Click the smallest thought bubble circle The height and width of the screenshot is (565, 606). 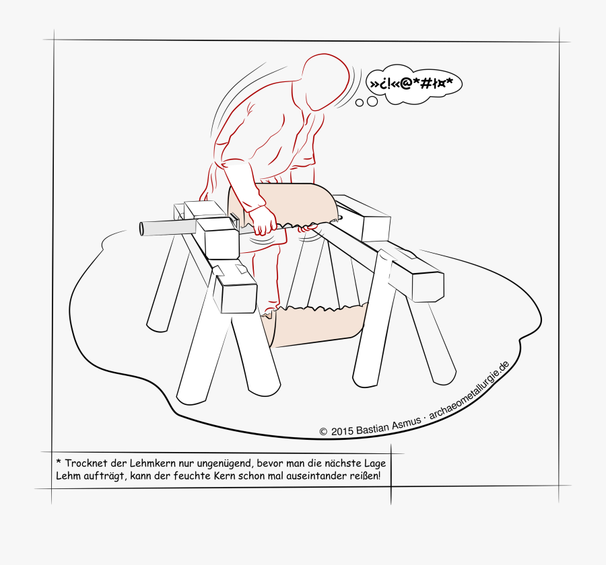[360, 103]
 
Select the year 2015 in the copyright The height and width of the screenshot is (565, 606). [342, 431]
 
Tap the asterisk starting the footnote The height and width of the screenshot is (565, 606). [59, 463]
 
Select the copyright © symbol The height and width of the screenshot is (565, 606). [323, 432]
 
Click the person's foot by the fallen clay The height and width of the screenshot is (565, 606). [270, 311]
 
